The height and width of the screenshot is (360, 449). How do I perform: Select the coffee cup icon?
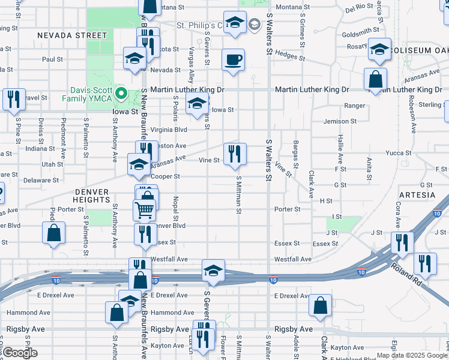coord(233,60)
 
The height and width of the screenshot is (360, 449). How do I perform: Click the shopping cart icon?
coord(144,210)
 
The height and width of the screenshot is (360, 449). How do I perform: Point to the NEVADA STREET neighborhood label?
coord(71,35)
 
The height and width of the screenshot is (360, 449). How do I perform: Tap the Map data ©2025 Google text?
coord(412,355)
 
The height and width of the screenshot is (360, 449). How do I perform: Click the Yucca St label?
coord(399,153)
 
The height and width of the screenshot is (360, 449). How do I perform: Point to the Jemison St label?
coord(340,121)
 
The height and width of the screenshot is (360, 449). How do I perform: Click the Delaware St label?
coord(42,180)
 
